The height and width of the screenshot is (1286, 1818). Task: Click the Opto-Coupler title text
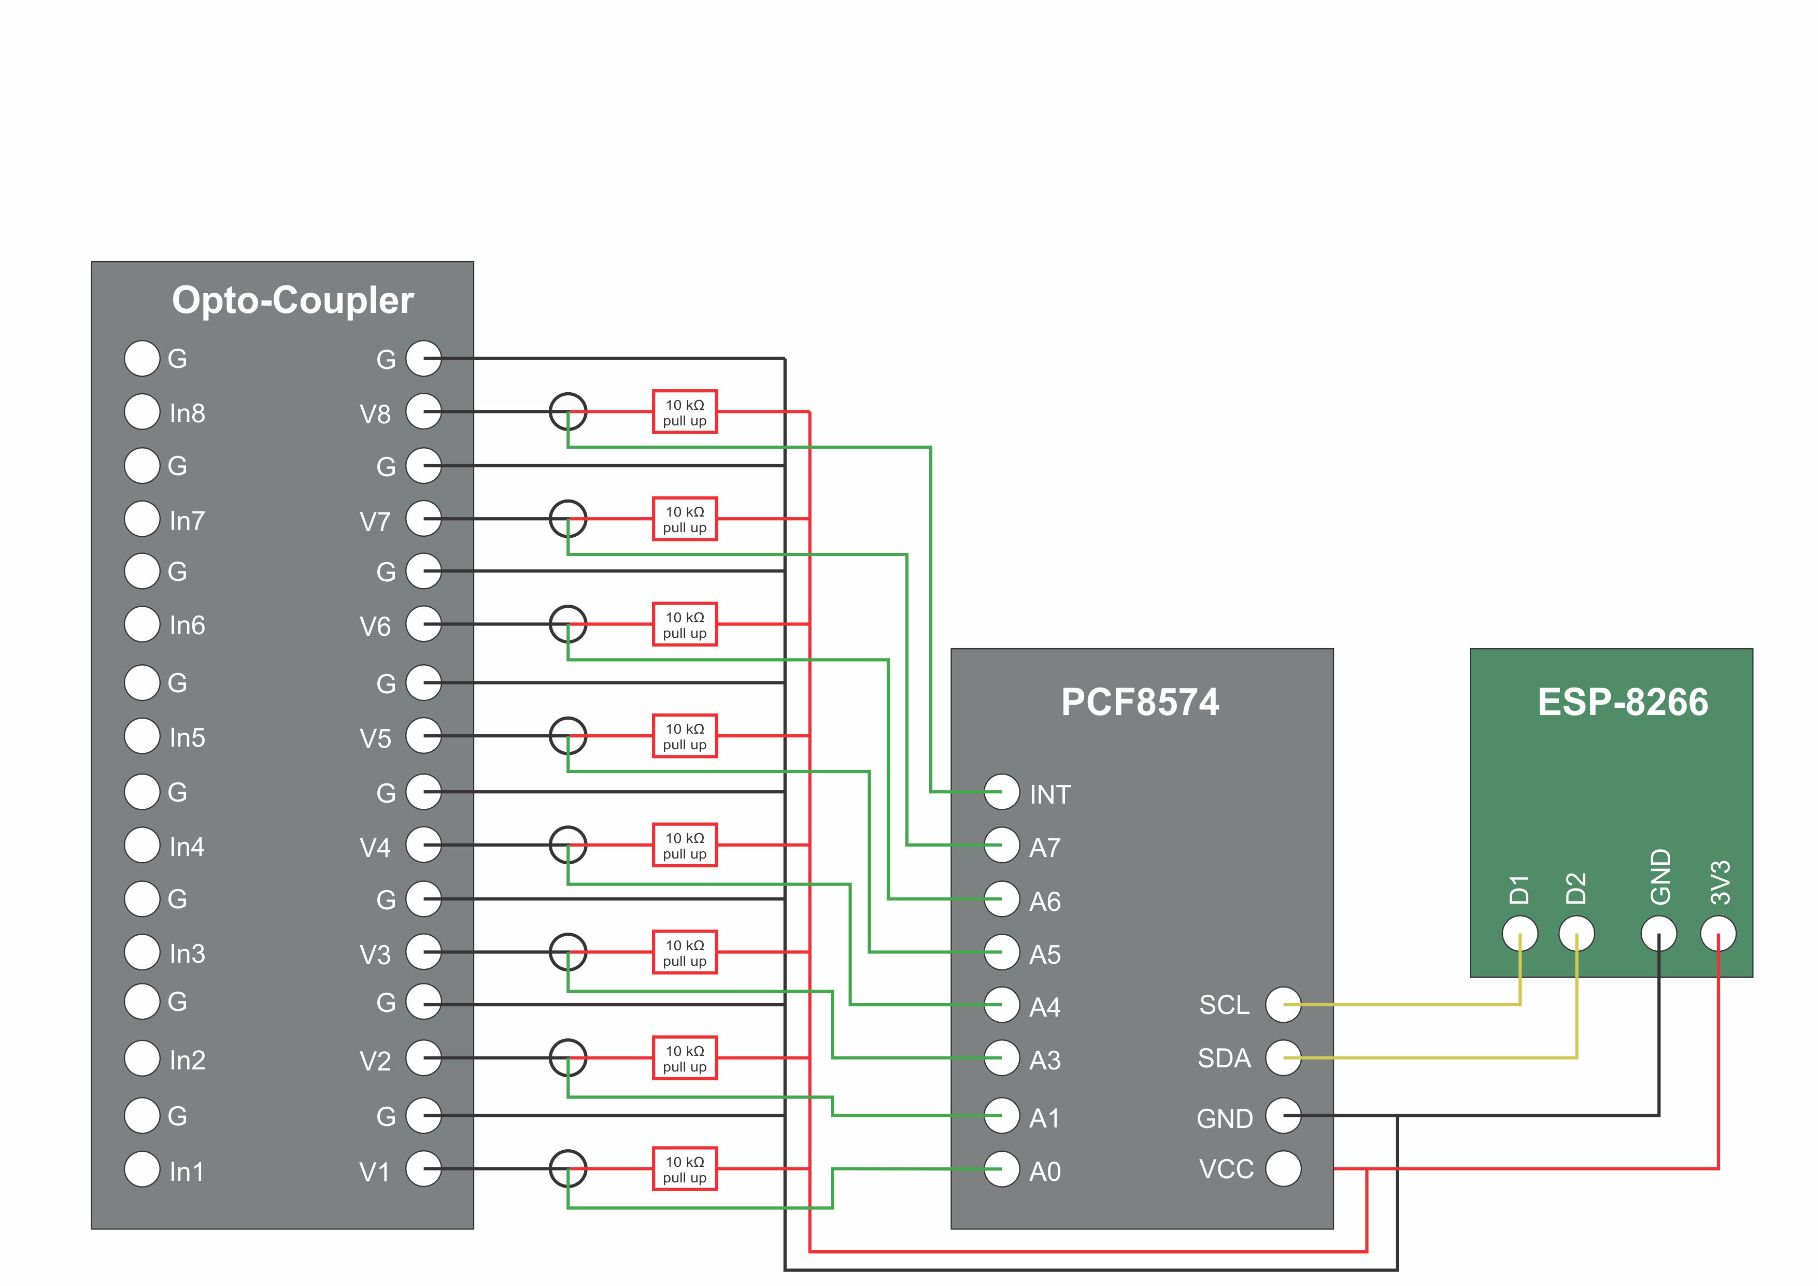pyautogui.click(x=292, y=300)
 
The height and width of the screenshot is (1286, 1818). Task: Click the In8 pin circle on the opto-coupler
pyautogui.click(x=141, y=412)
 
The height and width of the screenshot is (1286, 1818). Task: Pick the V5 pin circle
pyautogui.click(x=423, y=736)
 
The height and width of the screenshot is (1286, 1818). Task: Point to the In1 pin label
pyautogui.click(x=187, y=1171)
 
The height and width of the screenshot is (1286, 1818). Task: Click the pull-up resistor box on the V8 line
pyautogui.click(x=685, y=412)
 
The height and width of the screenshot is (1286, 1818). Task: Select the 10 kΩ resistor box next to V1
pyautogui.click(x=685, y=1169)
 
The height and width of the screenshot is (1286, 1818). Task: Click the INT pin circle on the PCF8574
pyautogui.click(x=1002, y=792)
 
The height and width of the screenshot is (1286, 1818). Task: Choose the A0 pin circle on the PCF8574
pyautogui.click(x=1002, y=1169)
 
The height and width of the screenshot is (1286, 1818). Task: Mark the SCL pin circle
pyautogui.click(x=1284, y=1005)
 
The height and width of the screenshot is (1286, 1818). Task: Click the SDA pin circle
pyautogui.click(x=1284, y=1058)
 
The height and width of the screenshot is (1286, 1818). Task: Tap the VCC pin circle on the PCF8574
pyautogui.click(x=1284, y=1169)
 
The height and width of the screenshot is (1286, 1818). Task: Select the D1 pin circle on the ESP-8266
pyautogui.click(x=1521, y=934)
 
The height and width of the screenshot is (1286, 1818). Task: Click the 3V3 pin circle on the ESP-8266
pyautogui.click(x=1718, y=934)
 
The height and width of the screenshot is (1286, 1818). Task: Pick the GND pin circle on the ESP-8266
pyautogui.click(x=1659, y=934)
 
